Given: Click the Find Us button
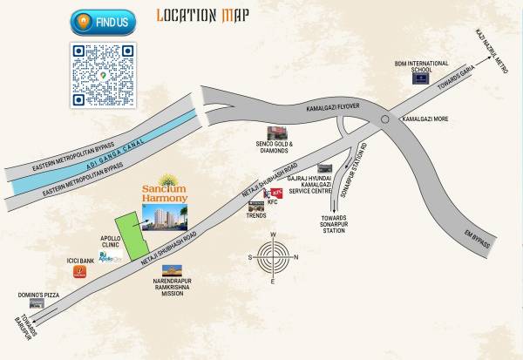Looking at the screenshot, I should click(104, 19).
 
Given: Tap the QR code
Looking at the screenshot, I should click(104, 76).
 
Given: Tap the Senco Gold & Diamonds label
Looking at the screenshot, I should click(273, 147).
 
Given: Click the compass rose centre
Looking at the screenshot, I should click(273, 257).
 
